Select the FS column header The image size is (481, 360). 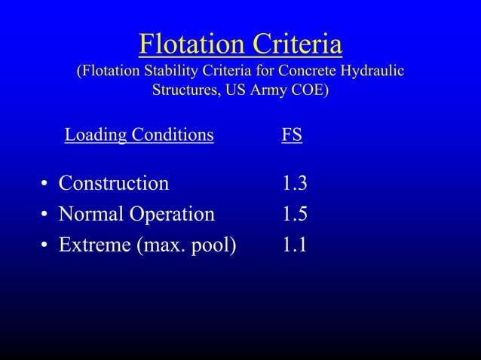[292, 136]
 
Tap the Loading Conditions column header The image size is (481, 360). [139, 136]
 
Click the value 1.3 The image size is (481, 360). [295, 184]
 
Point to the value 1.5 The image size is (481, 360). [295, 215]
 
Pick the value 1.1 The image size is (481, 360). [295, 246]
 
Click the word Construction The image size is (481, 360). [114, 184]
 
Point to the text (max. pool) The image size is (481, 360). [186, 246]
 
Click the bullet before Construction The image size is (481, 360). [46, 185]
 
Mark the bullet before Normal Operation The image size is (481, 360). [46, 215]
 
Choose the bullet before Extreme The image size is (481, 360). [46, 246]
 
